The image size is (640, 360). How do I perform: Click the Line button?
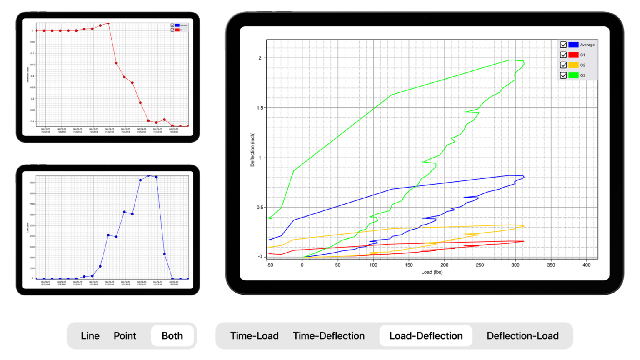click(x=90, y=336)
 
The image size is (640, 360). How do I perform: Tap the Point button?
click(x=125, y=336)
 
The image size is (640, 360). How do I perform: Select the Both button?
click(x=172, y=336)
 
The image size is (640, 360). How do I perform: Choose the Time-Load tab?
click(x=254, y=336)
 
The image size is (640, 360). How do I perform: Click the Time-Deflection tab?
click(x=328, y=336)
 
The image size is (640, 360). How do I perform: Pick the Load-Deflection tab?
click(x=426, y=336)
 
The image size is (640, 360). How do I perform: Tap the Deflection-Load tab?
click(x=522, y=336)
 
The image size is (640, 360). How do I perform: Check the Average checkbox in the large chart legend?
click(x=563, y=45)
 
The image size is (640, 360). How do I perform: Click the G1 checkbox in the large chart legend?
click(x=563, y=55)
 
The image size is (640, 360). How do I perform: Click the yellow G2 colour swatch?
click(x=574, y=65)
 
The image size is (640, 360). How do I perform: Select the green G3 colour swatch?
click(x=574, y=75)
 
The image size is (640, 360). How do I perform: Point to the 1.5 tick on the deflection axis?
click(x=260, y=108)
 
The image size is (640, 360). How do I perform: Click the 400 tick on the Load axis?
click(x=586, y=265)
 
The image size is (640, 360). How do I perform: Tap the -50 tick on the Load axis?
click(x=270, y=265)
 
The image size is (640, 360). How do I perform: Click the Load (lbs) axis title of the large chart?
click(x=432, y=272)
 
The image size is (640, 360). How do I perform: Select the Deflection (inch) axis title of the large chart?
click(x=252, y=150)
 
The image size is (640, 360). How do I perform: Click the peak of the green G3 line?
click(x=509, y=60)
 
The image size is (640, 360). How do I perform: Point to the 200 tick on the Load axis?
click(x=444, y=265)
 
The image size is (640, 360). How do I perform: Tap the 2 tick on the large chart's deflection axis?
click(x=260, y=58)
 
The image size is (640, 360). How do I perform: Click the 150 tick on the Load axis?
click(x=409, y=265)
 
